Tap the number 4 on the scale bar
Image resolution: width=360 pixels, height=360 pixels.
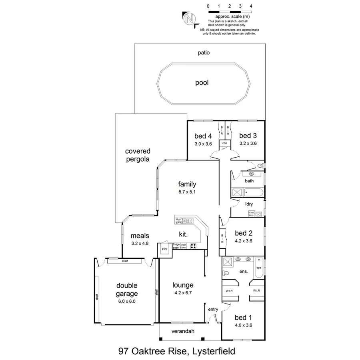point(250,6)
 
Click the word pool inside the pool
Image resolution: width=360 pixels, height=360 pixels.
point(202,83)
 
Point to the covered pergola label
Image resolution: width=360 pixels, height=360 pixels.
point(138,155)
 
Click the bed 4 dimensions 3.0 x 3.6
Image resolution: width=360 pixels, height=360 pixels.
point(203,143)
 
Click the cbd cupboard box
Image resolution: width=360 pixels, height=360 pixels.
point(224,143)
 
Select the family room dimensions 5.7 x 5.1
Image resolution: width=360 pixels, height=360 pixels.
point(187,192)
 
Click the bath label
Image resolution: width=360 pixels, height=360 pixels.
point(249,181)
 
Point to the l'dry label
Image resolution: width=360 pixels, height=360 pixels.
point(248,204)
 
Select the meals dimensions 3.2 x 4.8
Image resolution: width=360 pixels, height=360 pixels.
point(140,243)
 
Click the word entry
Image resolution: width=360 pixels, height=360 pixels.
point(213,309)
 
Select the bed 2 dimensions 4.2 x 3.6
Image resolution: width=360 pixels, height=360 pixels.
point(243,241)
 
